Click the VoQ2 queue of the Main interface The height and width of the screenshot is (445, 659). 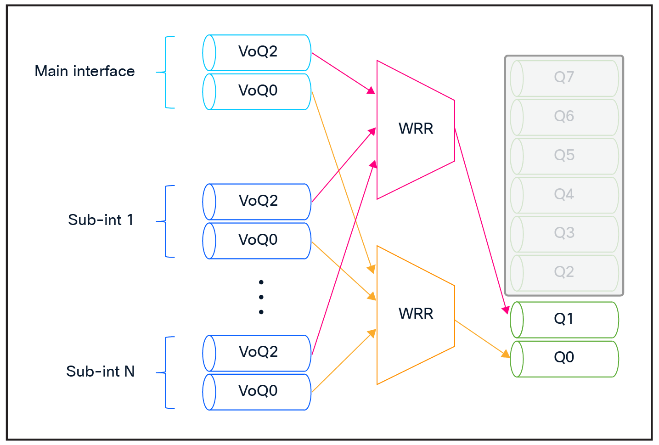[x=257, y=52]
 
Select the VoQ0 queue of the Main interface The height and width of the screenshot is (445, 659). [x=257, y=91]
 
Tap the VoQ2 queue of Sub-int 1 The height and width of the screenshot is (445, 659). [x=257, y=201]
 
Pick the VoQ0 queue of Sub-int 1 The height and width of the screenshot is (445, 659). [x=257, y=240]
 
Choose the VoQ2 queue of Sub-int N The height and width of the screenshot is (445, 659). [x=257, y=352]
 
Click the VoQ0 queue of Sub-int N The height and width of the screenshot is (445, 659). [x=257, y=391]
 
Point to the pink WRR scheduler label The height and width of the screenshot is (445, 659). [x=416, y=129]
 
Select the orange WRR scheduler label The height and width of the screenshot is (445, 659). [x=416, y=314]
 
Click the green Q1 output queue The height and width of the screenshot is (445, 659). [x=564, y=319]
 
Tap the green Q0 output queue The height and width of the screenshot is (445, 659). [x=564, y=358]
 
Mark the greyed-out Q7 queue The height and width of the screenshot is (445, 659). [x=564, y=77]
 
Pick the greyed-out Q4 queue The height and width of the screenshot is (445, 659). [x=564, y=195]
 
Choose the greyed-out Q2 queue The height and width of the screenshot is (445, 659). [x=564, y=272]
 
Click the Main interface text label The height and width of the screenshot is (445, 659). [x=85, y=72]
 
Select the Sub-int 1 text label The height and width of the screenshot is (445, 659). [x=101, y=220]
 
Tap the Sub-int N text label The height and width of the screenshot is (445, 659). [x=101, y=372]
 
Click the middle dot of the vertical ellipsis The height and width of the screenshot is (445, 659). [x=261, y=297]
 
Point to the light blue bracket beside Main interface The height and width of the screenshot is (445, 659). [x=166, y=72]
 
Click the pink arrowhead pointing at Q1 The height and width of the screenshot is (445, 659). [x=506, y=310]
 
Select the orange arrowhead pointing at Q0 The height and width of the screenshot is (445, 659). [x=506, y=354]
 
